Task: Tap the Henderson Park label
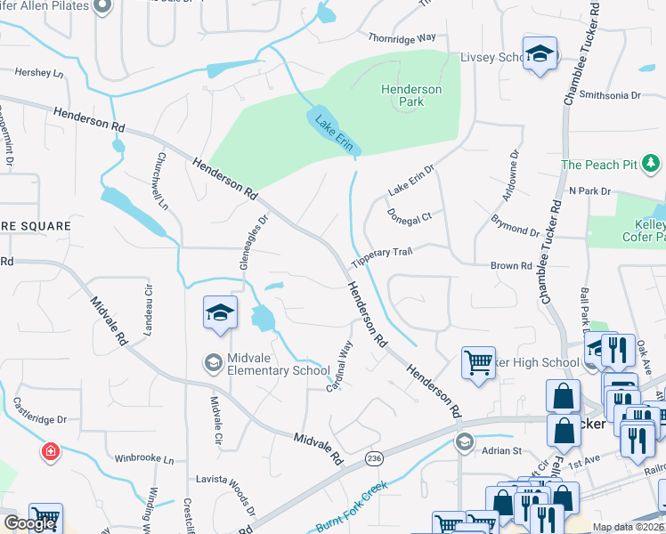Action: (410, 95)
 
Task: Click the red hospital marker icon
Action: (52, 451)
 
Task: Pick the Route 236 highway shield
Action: (376, 457)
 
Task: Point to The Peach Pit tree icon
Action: (651, 164)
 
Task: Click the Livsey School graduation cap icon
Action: (540, 54)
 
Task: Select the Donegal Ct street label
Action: (409, 215)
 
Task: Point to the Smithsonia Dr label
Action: (610, 94)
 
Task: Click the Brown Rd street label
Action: (511, 266)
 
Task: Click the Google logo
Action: (29, 523)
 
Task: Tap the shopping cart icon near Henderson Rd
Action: (478, 362)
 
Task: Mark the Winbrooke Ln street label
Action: (144, 458)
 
